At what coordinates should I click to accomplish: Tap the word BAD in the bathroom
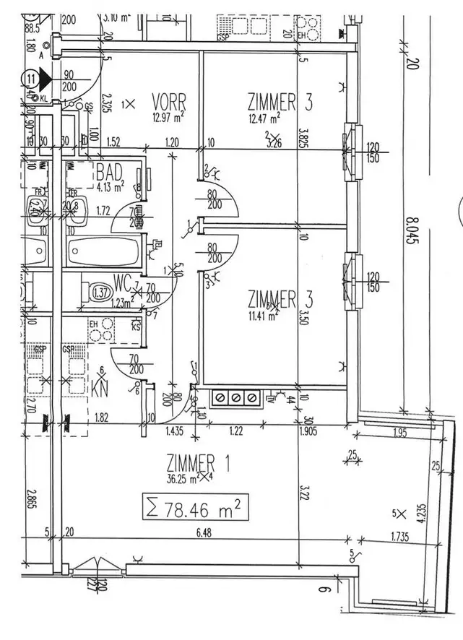tap(109, 173)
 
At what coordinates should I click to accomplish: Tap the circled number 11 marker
tap(30, 77)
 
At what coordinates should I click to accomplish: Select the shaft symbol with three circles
tap(235, 398)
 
